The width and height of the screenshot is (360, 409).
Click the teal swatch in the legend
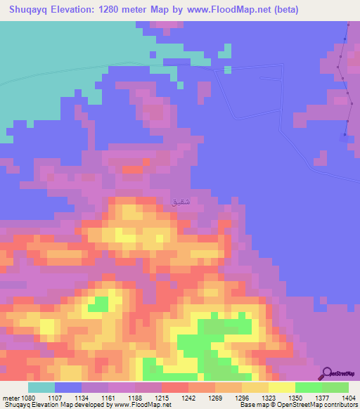(x=41, y=387)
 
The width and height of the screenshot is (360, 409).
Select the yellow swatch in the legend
(x=281, y=387)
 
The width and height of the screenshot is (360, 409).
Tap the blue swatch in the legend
(x=68, y=387)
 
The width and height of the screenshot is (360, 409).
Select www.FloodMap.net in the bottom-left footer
(x=151, y=405)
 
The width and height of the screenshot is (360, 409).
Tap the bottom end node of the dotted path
(x=345, y=135)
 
